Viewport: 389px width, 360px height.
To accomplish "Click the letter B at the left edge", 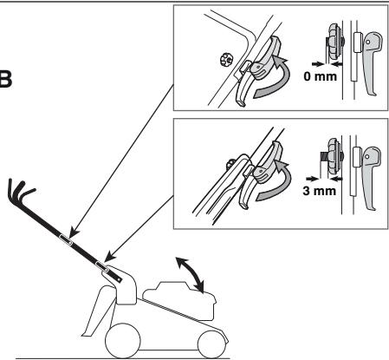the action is (5, 79).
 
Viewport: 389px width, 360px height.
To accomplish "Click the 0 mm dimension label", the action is (320, 76).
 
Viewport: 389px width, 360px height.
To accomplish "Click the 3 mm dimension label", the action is (319, 191).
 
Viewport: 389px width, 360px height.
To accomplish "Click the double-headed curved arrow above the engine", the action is (191, 274).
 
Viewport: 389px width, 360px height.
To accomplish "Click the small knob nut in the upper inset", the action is (225, 60).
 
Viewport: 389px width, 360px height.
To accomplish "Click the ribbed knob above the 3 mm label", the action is (334, 156).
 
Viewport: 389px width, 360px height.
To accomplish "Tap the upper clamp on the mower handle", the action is (66, 239).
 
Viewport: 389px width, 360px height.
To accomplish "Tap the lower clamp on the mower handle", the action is (102, 266).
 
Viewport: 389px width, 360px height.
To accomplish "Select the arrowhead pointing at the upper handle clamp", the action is (75, 231).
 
